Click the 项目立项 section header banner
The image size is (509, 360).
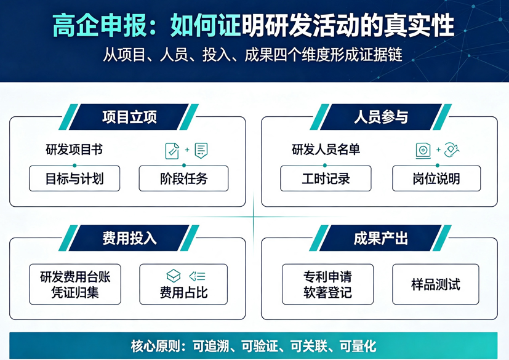point(129,117)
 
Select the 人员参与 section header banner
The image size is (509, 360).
point(380,117)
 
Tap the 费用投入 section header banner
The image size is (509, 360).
point(129,238)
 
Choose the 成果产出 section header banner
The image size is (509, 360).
point(380,238)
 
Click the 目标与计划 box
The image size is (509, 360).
point(74,178)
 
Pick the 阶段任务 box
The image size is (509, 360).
point(184,178)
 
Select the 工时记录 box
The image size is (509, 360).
point(326,178)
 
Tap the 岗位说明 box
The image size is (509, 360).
point(436,178)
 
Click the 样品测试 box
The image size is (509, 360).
point(436,284)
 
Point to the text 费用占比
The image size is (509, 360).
point(184,292)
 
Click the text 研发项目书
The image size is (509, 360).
point(74,150)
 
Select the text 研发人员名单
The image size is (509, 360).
point(326,150)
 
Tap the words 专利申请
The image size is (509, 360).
point(327,276)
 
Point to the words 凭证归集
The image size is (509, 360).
point(75,292)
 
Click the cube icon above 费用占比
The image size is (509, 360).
point(174,276)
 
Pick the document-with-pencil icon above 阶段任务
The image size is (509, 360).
point(172,151)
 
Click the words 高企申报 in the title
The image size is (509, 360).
point(100,25)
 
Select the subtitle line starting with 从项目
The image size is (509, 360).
point(252,55)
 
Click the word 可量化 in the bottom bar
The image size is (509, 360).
point(358,346)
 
